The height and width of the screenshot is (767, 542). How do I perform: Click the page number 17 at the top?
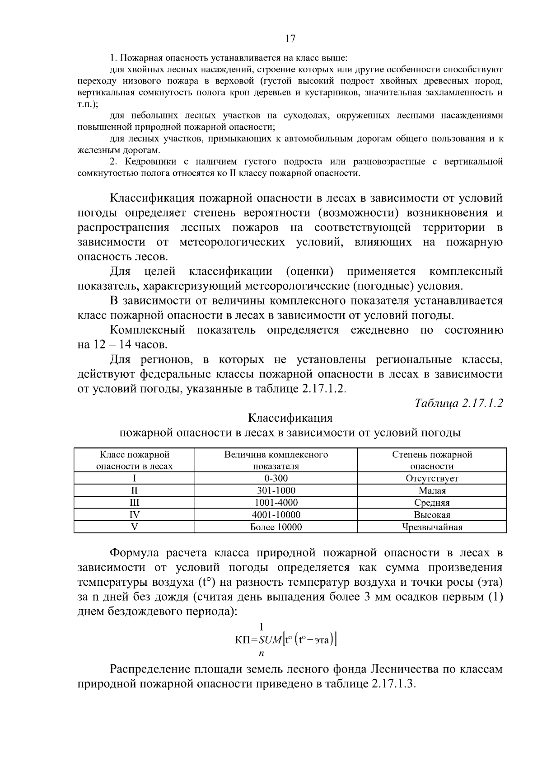(290, 39)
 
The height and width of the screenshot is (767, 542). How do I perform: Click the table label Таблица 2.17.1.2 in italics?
(458, 403)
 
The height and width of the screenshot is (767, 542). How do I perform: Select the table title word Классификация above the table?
(290, 418)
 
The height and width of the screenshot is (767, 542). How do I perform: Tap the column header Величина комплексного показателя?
(276, 460)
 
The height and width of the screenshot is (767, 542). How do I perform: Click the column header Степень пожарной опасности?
(432, 460)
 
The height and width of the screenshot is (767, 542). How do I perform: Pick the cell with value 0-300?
(276, 478)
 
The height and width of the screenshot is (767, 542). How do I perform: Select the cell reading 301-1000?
(276, 490)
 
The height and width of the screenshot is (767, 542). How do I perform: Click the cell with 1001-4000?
(276, 503)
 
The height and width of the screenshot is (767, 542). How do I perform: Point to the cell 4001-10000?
(276, 515)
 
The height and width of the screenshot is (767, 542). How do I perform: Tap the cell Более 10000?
(276, 527)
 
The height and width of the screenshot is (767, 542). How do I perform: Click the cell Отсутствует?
(432, 478)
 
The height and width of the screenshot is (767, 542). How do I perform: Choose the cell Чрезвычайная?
(432, 527)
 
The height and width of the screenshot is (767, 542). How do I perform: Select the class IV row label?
(134, 515)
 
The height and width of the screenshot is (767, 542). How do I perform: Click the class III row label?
(134, 503)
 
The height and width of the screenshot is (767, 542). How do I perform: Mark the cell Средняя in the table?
(432, 503)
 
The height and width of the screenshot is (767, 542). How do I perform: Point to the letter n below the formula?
(261, 653)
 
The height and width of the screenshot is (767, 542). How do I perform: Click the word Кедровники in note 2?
(147, 162)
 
